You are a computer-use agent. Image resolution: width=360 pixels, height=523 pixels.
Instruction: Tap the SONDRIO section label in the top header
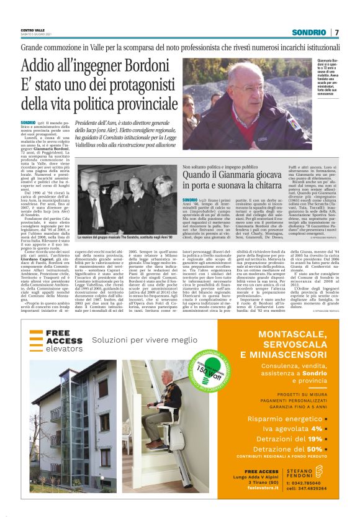coord(310,32)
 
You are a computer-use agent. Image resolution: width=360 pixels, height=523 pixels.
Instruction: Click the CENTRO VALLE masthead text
coord(32,30)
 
